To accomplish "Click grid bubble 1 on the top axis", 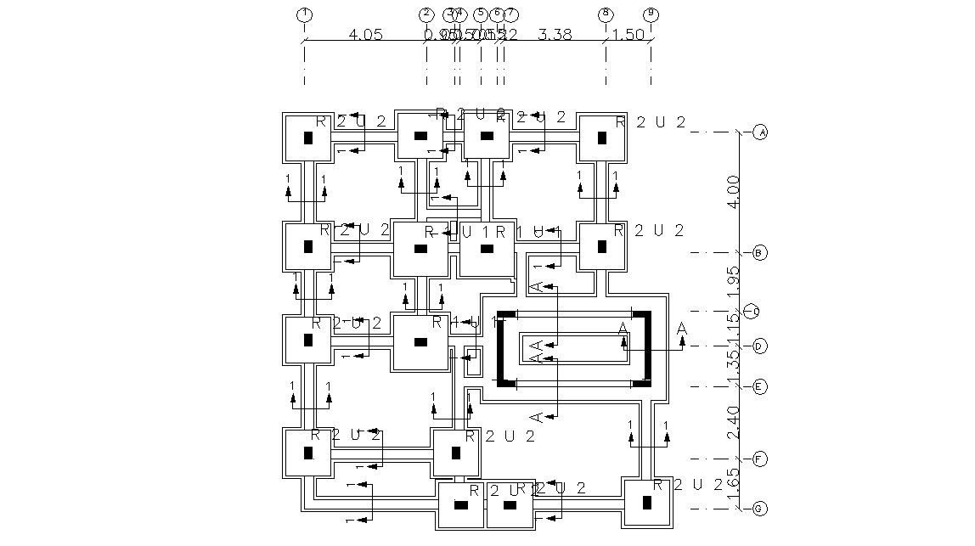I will tap(304, 14).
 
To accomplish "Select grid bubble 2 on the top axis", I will tap(426, 14).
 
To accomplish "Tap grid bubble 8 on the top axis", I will tap(606, 14).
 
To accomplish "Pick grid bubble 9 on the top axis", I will tap(651, 14).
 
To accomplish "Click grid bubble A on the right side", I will tap(760, 132).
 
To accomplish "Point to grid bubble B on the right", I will tap(760, 253).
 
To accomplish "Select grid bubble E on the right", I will tap(760, 387).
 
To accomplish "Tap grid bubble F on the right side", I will tap(760, 459).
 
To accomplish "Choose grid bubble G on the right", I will tap(760, 509).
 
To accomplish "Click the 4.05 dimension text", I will tap(366, 35).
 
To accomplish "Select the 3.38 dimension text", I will tap(555, 35).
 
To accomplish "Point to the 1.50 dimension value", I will tap(628, 35).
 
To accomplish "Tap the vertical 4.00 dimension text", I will tap(734, 192).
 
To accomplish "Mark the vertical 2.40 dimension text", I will tap(734, 423).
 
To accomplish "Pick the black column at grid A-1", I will tap(307, 137).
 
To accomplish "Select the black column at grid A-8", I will tap(602, 137).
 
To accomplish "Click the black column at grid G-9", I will tap(647, 503).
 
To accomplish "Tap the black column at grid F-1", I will tap(307, 453).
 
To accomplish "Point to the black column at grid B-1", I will tap(307, 247).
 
